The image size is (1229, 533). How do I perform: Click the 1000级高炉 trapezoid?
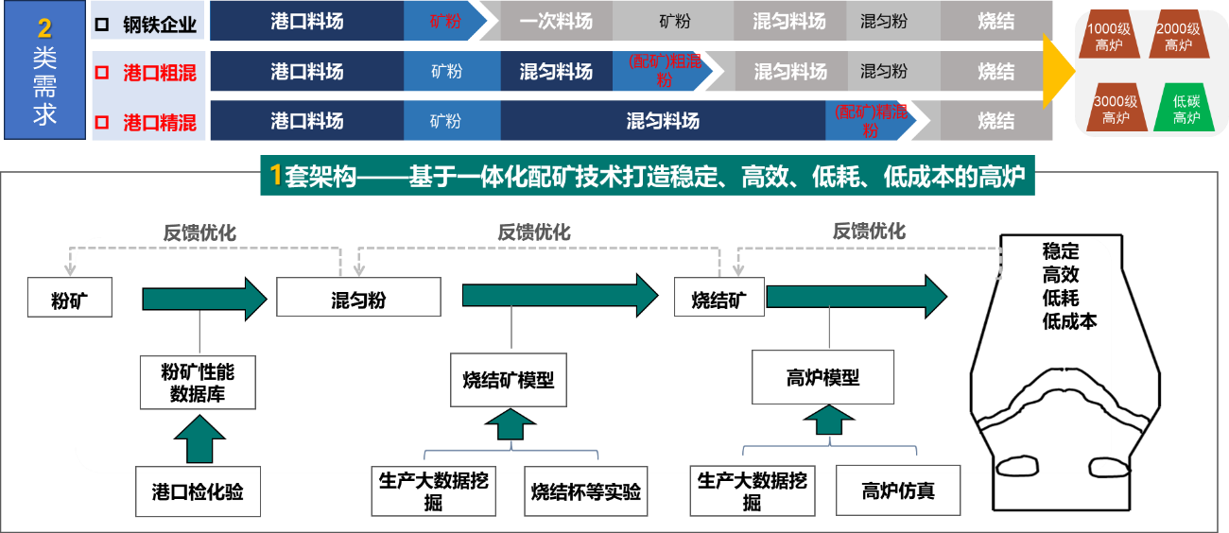tap(1108, 39)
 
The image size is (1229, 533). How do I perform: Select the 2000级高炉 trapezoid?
tap(1178, 39)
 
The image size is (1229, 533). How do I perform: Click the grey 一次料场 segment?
tap(556, 21)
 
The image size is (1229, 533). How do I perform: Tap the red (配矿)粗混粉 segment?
tap(666, 71)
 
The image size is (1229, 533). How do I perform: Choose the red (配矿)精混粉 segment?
tap(870, 121)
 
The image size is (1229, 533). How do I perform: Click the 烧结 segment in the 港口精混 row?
tap(996, 121)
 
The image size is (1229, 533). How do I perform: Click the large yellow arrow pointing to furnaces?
tap(1058, 71)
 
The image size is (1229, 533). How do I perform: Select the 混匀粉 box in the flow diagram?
tap(358, 298)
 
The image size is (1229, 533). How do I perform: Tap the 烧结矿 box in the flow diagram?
tap(718, 298)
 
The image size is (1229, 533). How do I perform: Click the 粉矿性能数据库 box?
tap(198, 382)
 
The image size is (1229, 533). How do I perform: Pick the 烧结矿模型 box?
tap(508, 381)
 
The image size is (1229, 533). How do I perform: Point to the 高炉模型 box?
tap(822, 377)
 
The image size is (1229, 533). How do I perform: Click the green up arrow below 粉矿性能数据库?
tap(199, 438)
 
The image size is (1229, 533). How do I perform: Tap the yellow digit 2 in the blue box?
tap(44, 27)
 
